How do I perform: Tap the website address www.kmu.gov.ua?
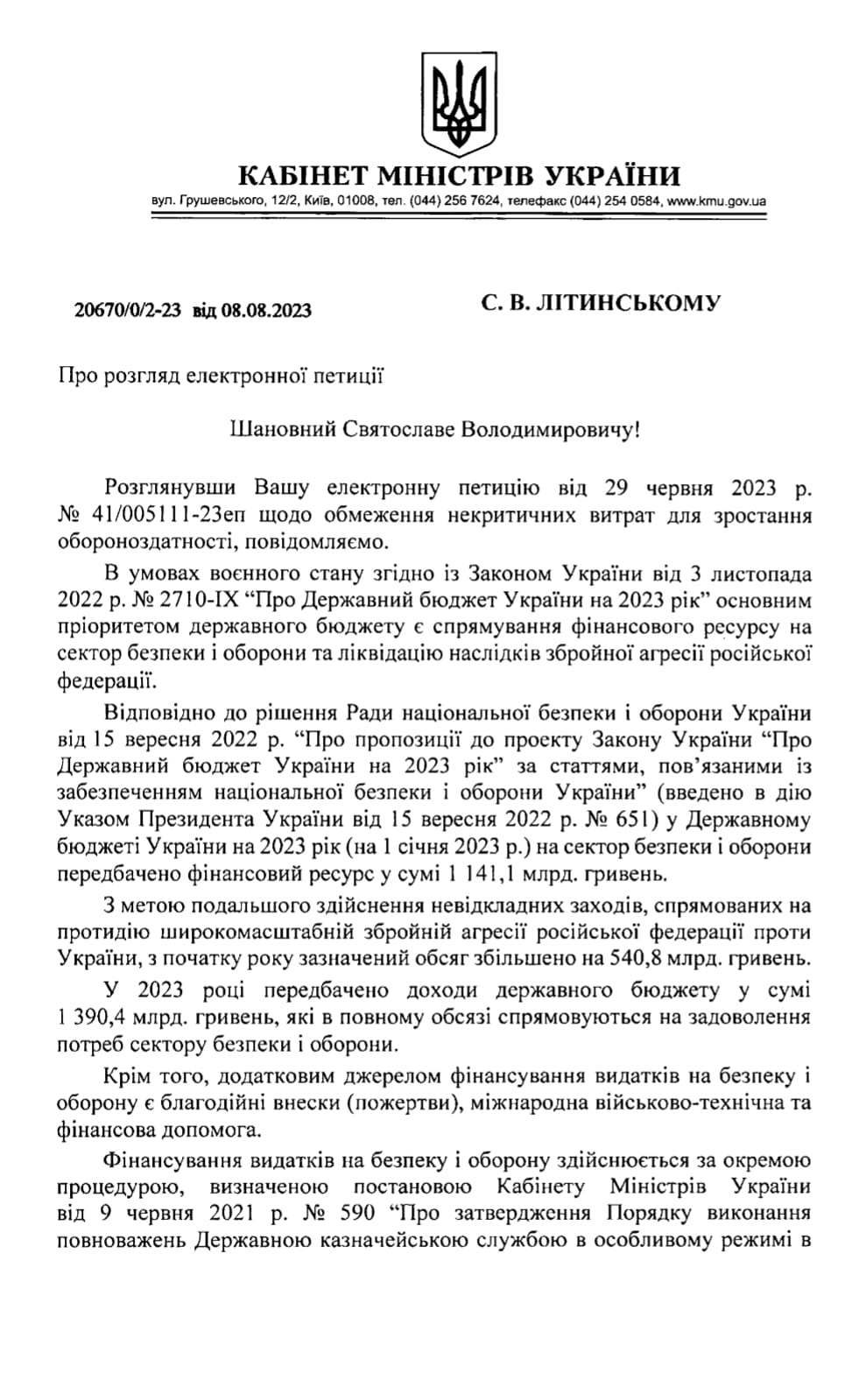coord(716,201)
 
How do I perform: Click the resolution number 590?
coord(358,1215)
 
